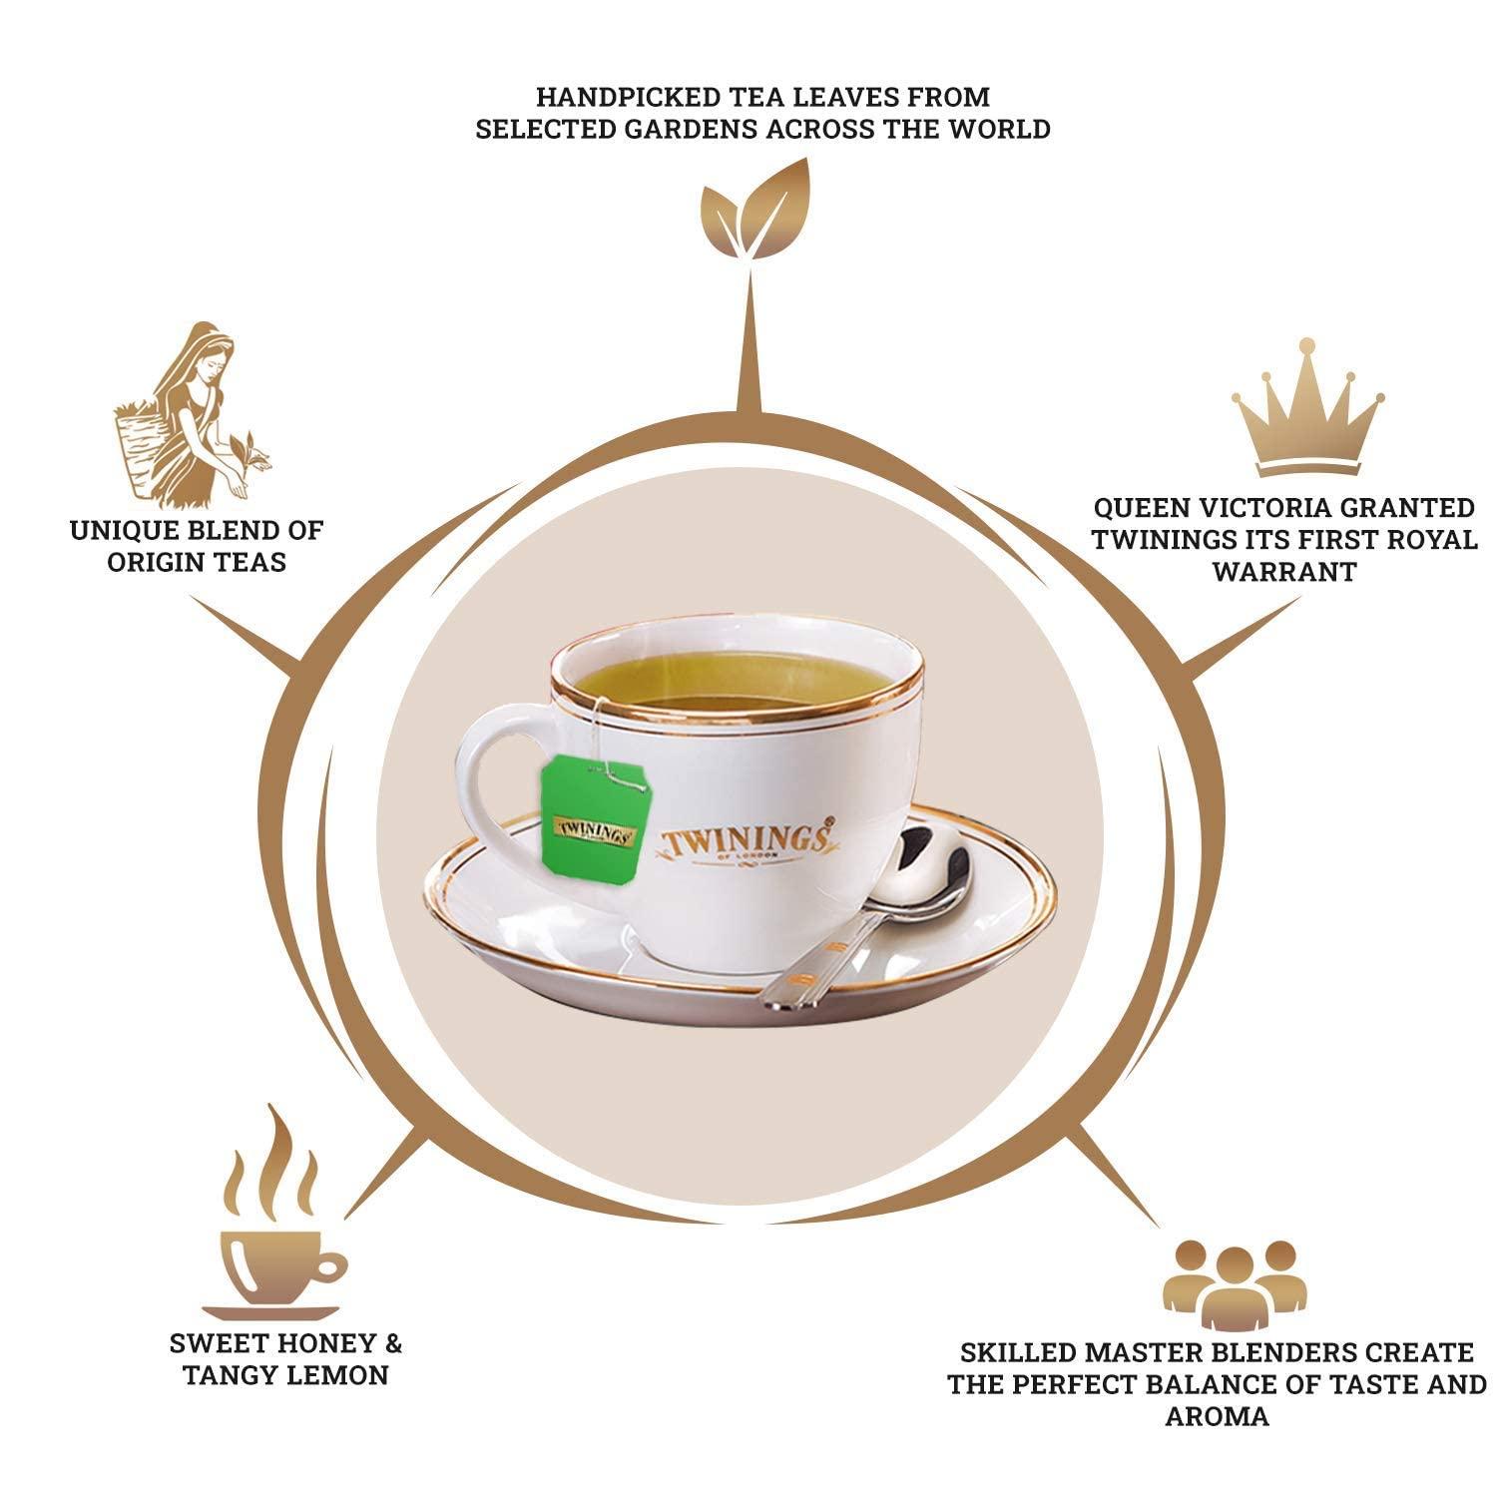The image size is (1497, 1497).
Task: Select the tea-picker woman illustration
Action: pos(190,414)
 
